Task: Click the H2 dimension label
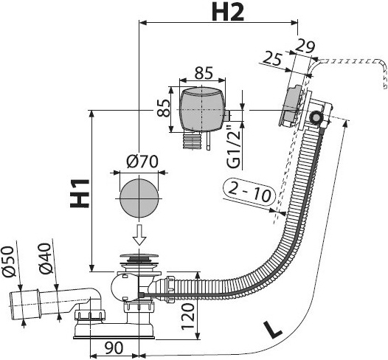coord(228,13)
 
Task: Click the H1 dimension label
coord(80,193)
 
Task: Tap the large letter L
coord(273,329)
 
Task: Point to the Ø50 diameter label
coord(9,261)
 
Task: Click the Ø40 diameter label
coord(46,259)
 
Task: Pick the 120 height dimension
coord(188,316)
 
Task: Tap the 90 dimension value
coord(114,347)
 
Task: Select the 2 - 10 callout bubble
coord(249,192)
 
